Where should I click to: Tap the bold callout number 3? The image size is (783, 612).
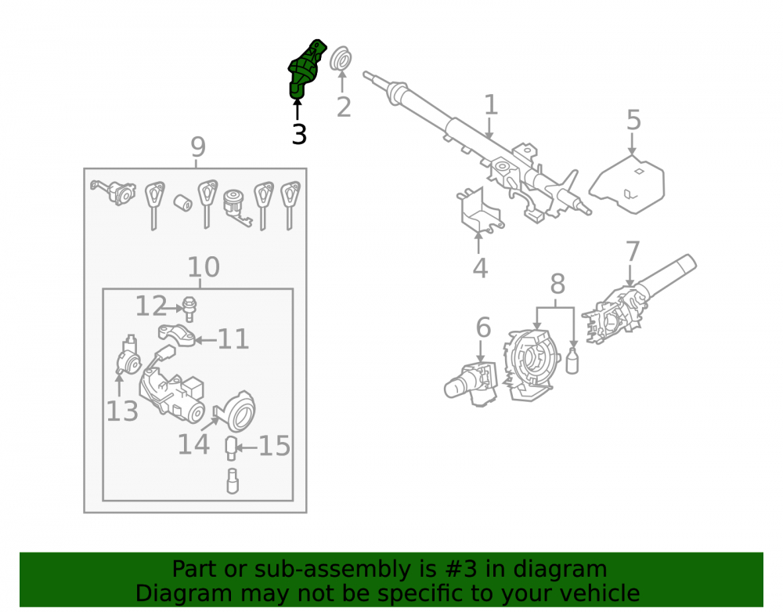299,134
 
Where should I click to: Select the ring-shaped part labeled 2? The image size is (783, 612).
341,60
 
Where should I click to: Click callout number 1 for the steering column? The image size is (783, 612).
492,105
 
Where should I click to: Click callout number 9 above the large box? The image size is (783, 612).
198,147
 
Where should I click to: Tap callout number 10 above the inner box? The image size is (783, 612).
204,267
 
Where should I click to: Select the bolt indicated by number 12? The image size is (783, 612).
189,309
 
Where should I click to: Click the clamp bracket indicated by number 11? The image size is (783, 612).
175,335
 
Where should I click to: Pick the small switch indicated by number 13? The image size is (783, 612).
128,357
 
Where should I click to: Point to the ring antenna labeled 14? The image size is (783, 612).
238,411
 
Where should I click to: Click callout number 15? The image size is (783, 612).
274,446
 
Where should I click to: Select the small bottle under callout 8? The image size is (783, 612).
572,360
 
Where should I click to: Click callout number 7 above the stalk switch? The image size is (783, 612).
632,252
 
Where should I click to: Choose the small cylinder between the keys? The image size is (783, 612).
182,202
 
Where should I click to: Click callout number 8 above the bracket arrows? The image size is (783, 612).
557,284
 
